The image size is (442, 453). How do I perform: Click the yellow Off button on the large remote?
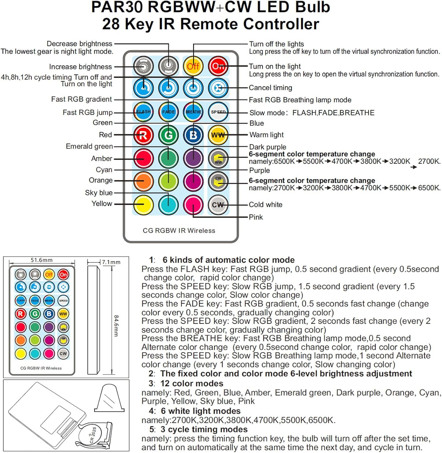coord(193,66)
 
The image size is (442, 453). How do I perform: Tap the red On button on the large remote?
coord(218,66)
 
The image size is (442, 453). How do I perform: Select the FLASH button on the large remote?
coord(144,112)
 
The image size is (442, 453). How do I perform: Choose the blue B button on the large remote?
coord(193,135)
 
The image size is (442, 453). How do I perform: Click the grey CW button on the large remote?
coord(218,205)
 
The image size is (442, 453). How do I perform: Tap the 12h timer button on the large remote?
coord(193,88)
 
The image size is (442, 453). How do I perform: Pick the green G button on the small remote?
coord(35,314)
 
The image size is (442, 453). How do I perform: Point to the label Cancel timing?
coord(270,88)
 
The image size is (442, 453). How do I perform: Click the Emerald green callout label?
coord(89,146)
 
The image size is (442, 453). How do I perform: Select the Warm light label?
coord(266,135)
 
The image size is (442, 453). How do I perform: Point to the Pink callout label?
coord(256,217)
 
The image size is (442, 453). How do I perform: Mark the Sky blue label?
coord(99,193)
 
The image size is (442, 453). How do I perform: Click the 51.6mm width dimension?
coord(42,260)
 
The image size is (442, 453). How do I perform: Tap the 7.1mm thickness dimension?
coord(111,262)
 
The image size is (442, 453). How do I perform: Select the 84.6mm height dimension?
coord(116,326)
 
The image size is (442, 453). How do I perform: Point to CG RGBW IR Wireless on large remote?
coord(179,231)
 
